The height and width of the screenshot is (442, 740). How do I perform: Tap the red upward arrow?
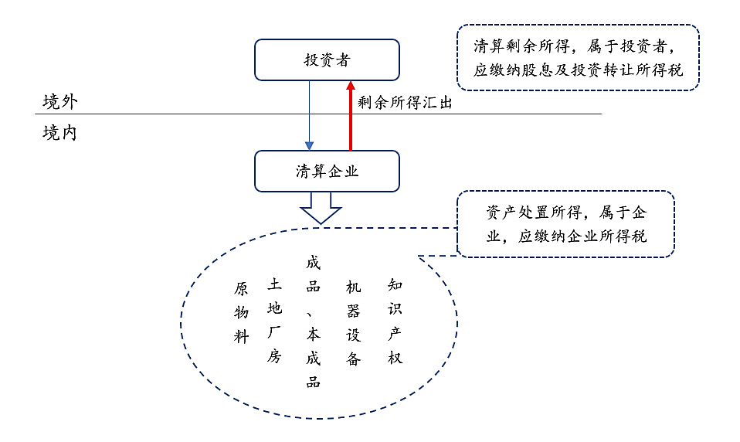tap(350, 116)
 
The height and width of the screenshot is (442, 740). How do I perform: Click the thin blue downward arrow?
tap(309, 116)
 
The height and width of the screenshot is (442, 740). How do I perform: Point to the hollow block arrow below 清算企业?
tap(321, 208)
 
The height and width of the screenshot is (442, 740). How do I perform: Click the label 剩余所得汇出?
tap(405, 103)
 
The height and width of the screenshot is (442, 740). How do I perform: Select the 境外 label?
tap(60, 101)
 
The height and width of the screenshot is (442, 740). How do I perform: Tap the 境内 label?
tap(59, 133)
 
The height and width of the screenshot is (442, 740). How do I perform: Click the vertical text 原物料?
tap(241, 312)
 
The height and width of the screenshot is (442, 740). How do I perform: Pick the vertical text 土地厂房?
tap(275, 320)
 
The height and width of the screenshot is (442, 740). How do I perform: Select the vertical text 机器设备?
tap(354, 323)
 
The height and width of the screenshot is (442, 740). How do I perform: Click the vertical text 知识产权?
tap(395, 321)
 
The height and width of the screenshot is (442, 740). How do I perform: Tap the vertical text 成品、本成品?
tap(314, 322)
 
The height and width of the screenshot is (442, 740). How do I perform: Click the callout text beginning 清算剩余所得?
tap(578, 58)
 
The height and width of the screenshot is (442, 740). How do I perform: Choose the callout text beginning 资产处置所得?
tap(566, 224)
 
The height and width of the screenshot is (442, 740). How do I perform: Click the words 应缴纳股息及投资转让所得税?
tap(578, 70)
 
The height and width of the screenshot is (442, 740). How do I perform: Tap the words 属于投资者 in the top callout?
tap(627, 46)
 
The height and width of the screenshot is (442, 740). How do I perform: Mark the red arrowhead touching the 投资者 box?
tap(350, 86)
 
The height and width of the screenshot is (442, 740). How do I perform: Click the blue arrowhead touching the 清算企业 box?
tap(309, 146)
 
